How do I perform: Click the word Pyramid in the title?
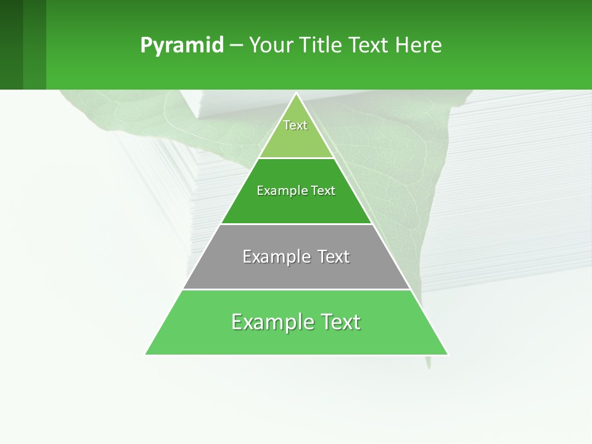pos(181,46)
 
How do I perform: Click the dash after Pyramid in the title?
pos(236,46)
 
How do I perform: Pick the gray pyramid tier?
pos(296,271)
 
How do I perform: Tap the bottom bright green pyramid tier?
pos(296,339)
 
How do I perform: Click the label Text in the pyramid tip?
pos(295,125)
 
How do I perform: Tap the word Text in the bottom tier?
pos(341,322)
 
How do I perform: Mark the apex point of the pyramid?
pos(297,94)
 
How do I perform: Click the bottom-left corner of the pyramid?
pos(146,354)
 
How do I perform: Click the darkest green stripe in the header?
pos(11,44)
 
